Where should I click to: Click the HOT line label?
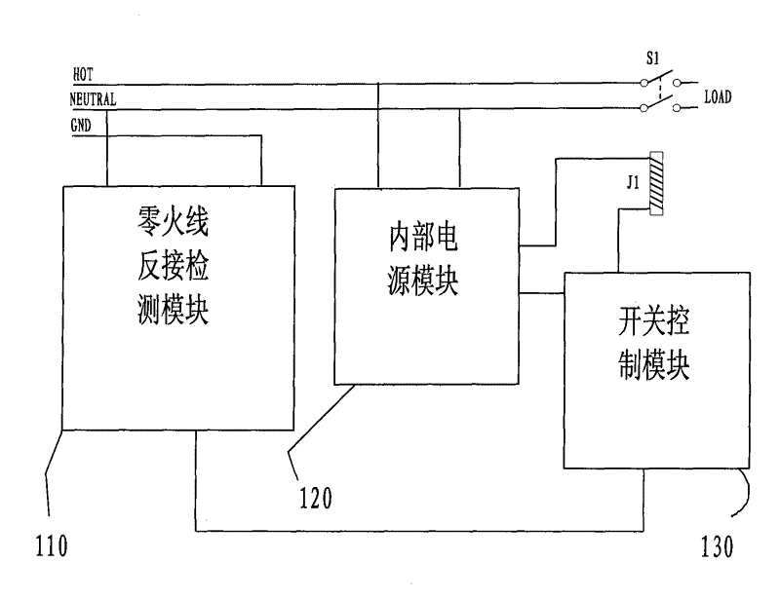(x=83, y=74)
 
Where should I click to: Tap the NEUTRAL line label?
(x=94, y=99)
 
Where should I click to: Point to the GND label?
(x=82, y=126)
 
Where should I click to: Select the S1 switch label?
(x=651, y=59)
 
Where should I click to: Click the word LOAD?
(x=718, y=97)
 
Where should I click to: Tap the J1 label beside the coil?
(x=633, y=182)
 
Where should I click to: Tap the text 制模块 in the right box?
(x=654, y=368)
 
